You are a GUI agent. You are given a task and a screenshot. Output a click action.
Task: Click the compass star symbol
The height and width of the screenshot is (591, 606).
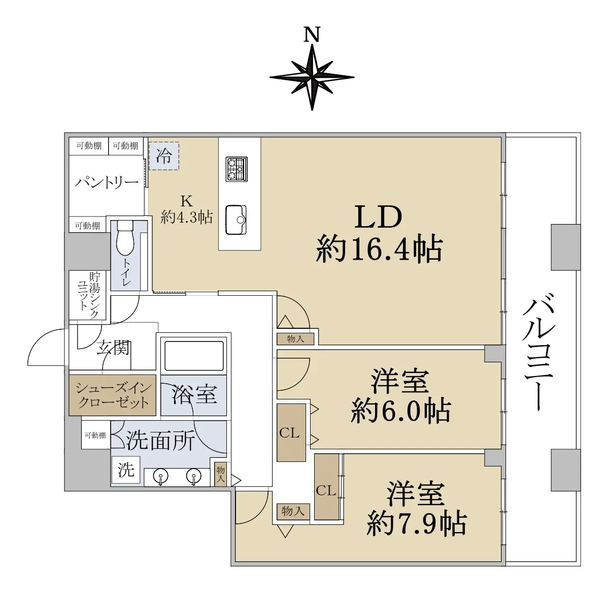(312, 77)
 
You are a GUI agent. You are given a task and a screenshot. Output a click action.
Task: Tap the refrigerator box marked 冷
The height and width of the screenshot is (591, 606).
(164, 155)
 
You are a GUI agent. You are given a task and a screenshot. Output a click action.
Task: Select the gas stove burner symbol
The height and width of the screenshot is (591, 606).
(237, 169)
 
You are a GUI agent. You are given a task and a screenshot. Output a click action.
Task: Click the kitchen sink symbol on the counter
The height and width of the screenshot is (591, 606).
(236, 220)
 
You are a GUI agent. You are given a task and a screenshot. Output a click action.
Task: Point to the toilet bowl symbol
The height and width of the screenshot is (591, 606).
(125, 238)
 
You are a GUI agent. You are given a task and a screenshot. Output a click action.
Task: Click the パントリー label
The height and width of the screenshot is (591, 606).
(107, 182)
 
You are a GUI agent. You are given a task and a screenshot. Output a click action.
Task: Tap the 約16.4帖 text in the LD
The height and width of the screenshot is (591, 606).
(379, 249)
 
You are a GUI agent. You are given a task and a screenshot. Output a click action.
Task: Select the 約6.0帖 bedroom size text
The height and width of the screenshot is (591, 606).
(401, 410)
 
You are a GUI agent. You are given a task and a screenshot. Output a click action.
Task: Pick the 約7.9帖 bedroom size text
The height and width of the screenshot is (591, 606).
(417, 523)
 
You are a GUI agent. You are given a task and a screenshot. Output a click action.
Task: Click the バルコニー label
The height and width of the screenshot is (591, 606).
(539, 352)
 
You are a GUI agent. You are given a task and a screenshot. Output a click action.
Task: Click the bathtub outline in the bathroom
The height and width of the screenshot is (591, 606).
(194, 356)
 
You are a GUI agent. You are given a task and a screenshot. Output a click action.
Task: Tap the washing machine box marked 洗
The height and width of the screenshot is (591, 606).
(125, 470)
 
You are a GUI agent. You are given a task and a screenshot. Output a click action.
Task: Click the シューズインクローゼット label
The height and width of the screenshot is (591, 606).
(113, 395)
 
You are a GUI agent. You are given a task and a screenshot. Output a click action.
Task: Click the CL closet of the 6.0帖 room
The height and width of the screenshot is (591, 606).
(291, 432)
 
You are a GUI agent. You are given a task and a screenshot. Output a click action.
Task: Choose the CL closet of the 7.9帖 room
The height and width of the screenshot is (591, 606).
(326, 487)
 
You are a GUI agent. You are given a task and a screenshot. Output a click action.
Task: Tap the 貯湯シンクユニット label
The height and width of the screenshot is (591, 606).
(89, 295)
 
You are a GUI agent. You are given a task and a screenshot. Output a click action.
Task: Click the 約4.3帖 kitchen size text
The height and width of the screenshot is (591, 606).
(187, 217)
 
